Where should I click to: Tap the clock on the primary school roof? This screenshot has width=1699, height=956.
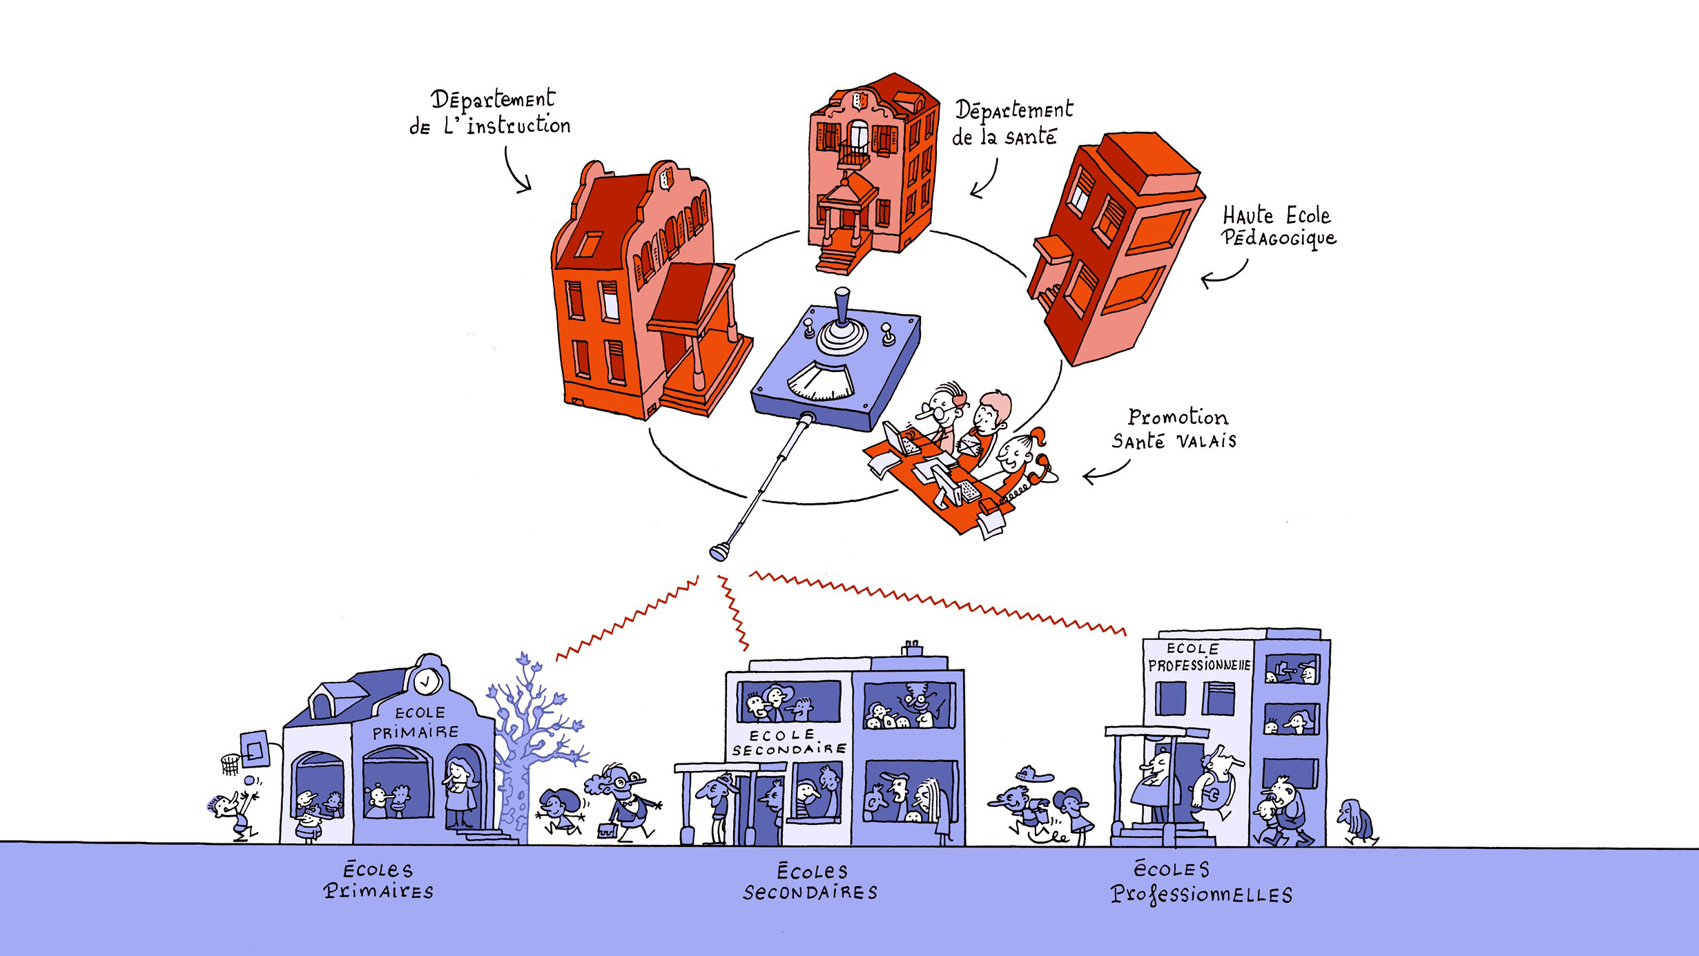coord(427,681)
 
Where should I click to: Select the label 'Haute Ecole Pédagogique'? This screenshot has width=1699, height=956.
coord(1278,226)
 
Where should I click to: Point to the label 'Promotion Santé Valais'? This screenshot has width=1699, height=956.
coord(1174,429)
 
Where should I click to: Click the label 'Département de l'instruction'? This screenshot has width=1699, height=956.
coord(491,113)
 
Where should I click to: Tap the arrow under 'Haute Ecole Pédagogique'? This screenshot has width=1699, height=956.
coord(1223,275)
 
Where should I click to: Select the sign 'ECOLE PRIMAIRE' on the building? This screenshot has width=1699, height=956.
coord(417,723)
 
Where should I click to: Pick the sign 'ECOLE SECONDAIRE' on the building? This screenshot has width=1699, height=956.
coord(788,743)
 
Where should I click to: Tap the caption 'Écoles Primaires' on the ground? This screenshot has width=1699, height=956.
coord(378,880)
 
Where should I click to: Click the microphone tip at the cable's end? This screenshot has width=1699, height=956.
coord(719,552)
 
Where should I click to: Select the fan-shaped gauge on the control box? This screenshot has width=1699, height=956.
coord(822,382)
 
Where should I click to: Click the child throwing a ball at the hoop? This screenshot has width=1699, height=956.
coord(232,814)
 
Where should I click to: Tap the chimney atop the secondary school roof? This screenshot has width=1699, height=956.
coord(912,648)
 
